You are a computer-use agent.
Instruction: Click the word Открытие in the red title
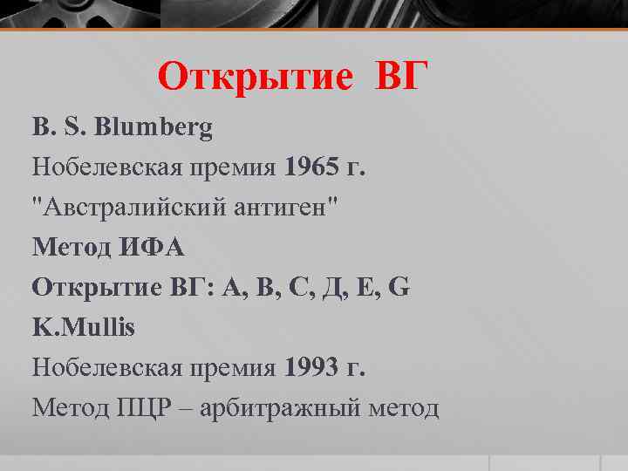pyautogui.click(x=256, y=78)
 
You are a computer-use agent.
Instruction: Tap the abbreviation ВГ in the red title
pyautogui.click(x=403, y=78)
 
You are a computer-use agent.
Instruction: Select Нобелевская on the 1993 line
pyautogui.click(x=106, y=367)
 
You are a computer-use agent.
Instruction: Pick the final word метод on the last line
pyautogui.click(x=408, y=407)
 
